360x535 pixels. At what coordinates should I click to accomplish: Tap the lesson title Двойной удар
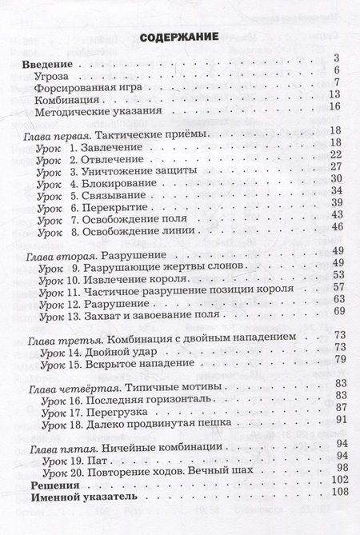pos(125,350)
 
